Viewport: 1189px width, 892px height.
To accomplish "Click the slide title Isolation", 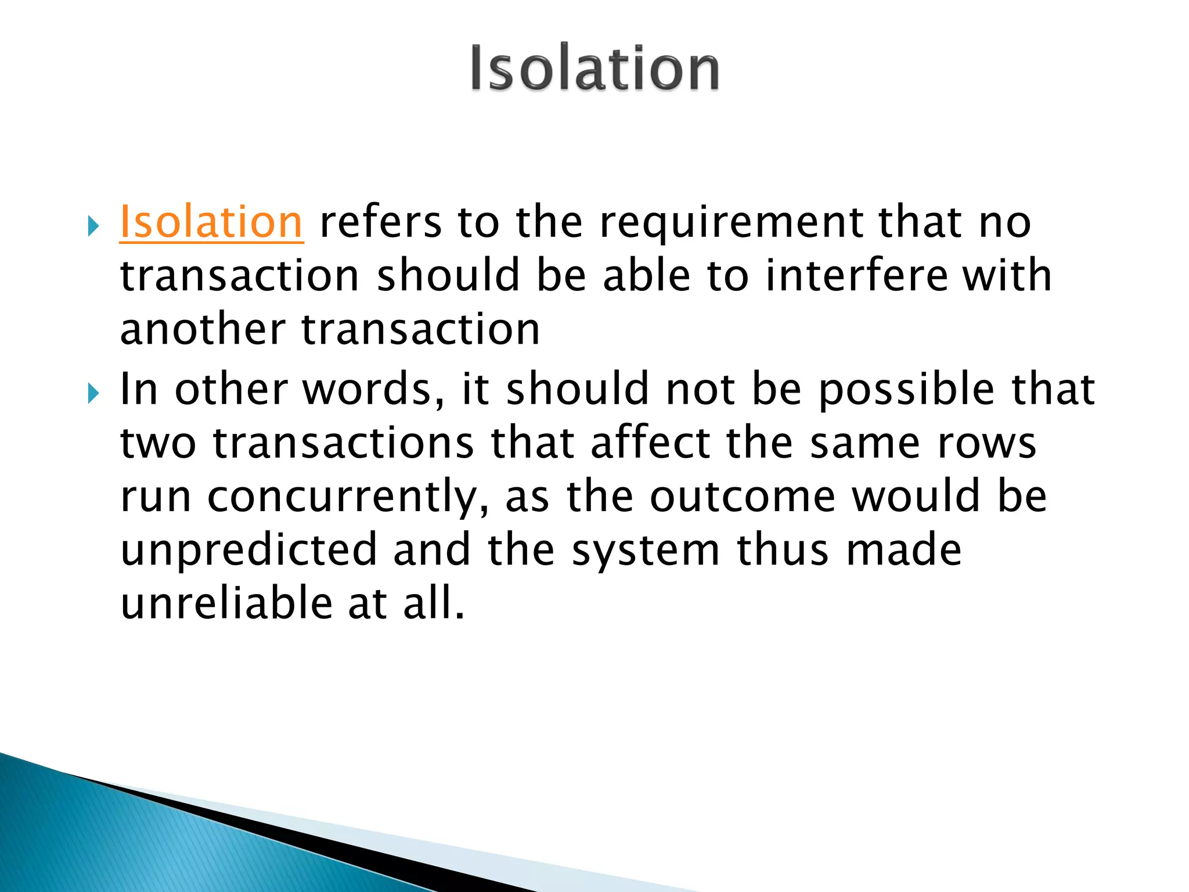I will pyautogui.click(x=594, y=69).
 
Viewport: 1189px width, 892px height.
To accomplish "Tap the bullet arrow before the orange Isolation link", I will pyautogui.click(x=93, y=226).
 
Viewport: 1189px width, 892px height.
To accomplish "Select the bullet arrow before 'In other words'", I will pyautogui.click(x=93, y=394).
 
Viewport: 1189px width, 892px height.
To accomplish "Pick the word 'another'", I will pyautogui.click(x=203, y=329).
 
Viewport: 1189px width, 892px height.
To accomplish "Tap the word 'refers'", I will pyautogui.click(x=380, y=222).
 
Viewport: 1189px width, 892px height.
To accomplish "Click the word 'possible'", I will pyautogui.click(x=907, y=390).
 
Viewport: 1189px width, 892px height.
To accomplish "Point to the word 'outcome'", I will pyautogui.click(x=743, y=497).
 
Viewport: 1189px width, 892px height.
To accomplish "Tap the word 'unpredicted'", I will pyautogui.click(x=249, y=551).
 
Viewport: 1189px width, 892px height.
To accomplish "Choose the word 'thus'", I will pyautogui.click(x=783, y=551).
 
